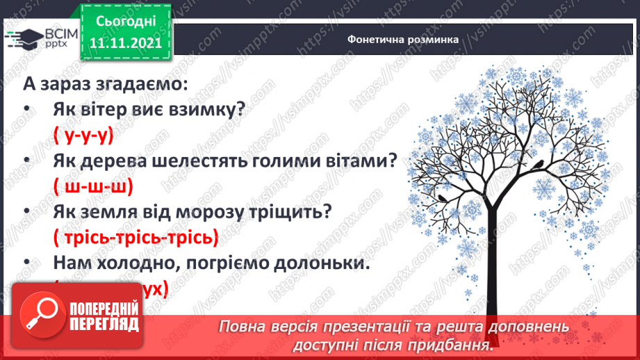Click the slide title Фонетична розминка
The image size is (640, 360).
403,40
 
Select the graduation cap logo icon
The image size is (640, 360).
26,38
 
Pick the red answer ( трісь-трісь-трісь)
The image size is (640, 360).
136,237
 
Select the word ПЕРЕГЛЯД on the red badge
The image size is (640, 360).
104,324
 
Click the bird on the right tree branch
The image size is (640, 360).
540,165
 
